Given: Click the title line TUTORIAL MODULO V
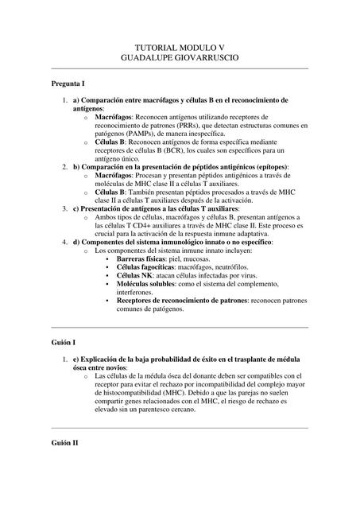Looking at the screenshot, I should (x=180, y=48).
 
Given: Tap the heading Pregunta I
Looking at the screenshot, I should (x=68, y=84).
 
